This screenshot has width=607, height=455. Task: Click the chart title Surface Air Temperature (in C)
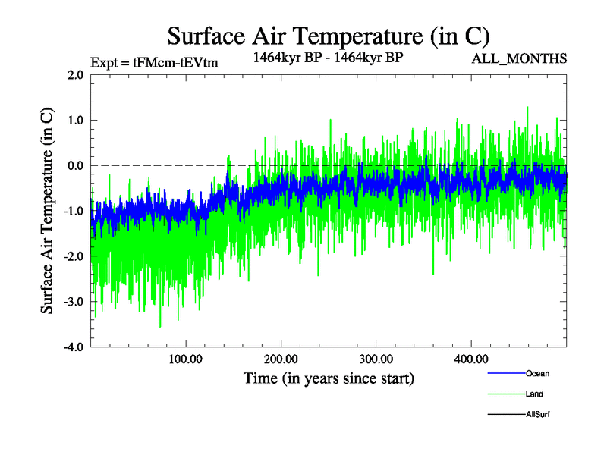click(328, 36)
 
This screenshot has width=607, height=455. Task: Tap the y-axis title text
click(47, 211)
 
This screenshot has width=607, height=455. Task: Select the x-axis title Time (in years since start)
click(329, 377)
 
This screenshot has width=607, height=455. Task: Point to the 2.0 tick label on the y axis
click(75, 75)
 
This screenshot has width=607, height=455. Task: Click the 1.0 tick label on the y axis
click(75, 121)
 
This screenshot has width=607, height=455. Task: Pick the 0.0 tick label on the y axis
click(75, 166)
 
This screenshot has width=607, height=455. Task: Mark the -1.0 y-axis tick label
click(74, 212)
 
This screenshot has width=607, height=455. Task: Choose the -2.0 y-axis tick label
click(74, 257)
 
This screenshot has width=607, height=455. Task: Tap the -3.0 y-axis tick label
click(74, 303)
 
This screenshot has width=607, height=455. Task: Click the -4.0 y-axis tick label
click(74, 347)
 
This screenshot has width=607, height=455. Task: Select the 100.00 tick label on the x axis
click(185, 359)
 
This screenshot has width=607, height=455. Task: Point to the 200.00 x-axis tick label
click(281, 359)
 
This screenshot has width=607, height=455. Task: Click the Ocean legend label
click(537, 373)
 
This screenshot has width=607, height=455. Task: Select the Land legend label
click(534, 394)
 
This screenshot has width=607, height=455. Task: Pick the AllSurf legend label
click(538, 414)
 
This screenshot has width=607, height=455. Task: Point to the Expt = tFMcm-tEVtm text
click(154, 63)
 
